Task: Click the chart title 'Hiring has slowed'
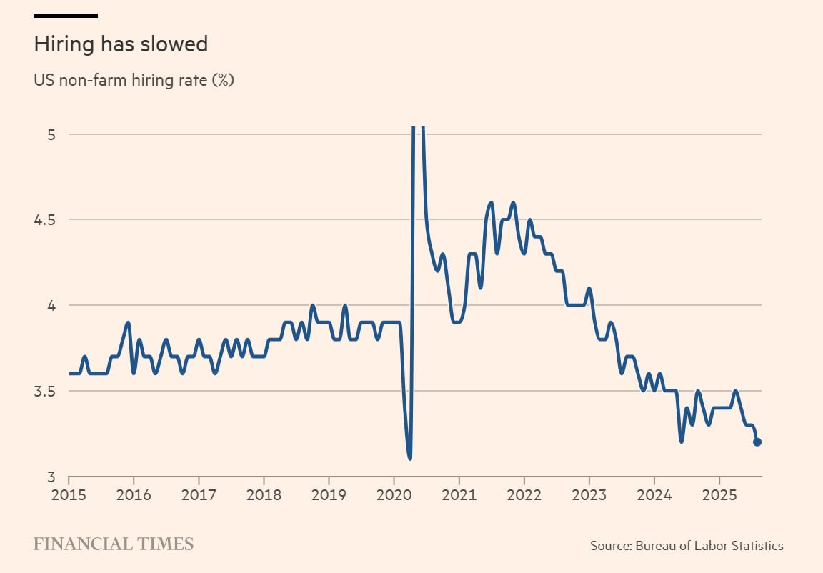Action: (121, 44)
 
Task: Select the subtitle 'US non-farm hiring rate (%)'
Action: (134, 80)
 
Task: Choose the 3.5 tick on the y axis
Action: (45, 391)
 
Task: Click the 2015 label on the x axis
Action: (69, 494)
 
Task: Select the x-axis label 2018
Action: (264, 494)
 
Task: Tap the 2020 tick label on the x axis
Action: (394, 494)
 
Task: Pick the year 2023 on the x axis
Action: (589, 494)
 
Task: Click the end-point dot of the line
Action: (757, 442)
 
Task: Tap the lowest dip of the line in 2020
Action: (409, 458)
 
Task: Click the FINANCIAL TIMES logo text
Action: (114, 544)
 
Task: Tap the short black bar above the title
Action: (66, 15)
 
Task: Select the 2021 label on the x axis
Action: (459, 494)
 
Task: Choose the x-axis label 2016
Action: (134, 494)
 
